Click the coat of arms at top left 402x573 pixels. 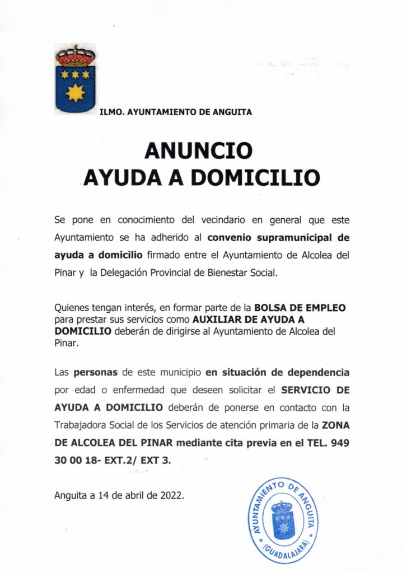[x=75, y=79]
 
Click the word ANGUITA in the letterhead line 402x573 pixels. [x=231, y=112]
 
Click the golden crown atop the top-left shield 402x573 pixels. [x=75, y=56]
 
